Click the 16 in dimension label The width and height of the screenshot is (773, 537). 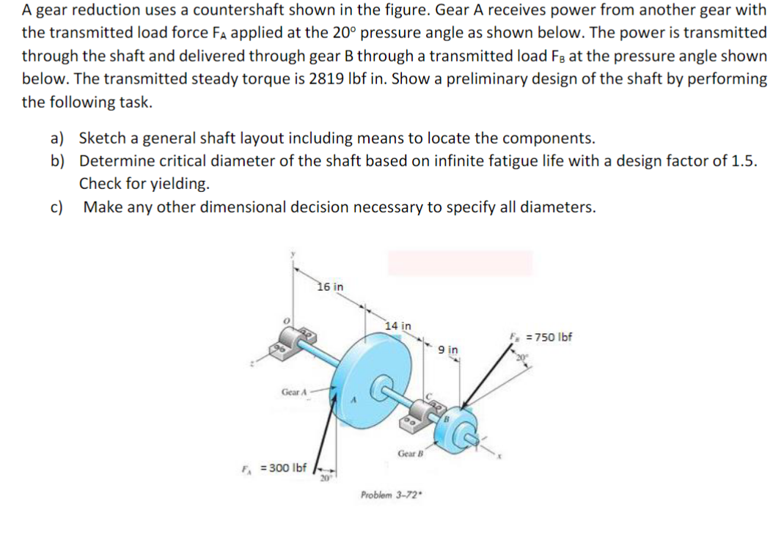330,286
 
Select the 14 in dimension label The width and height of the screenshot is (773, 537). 398,325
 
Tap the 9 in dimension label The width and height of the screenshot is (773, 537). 448,350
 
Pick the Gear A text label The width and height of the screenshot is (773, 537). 293,393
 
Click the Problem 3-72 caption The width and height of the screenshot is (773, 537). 389,495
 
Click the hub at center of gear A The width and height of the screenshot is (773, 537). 383,382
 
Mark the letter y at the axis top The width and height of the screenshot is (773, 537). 292,253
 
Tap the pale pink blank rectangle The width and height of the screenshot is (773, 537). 460,262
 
